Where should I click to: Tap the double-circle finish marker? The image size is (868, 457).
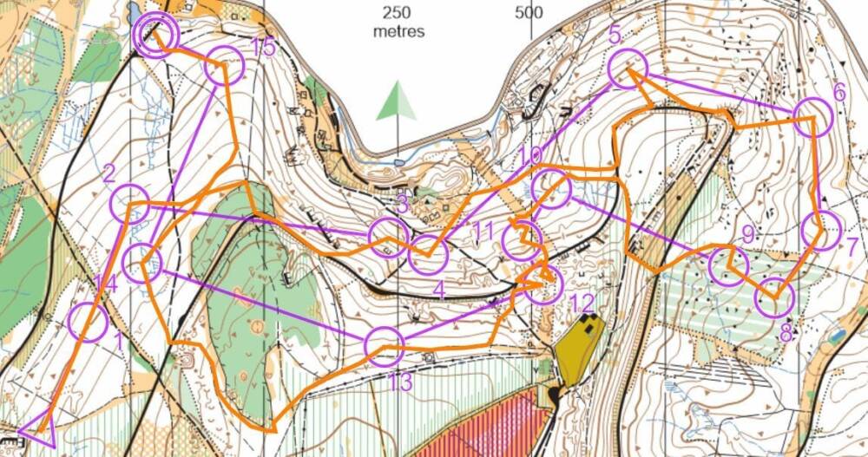click(x=157, y=35)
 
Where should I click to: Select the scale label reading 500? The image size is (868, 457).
click(x=528, y=12)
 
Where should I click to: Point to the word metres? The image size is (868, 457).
click(x=398, y=31)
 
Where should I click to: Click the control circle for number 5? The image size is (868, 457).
click(x=628, y=69)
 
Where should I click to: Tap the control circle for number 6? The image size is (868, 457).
click(x=814, y=117)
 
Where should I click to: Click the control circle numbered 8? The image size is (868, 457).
click(x=774, y=299)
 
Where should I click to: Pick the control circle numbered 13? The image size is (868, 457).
click(x=384, y=347)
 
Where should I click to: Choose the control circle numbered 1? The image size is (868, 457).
click(x=88, y=323)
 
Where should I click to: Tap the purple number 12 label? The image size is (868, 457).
click(x=583, y=303)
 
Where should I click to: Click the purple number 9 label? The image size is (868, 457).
click(x=748, y=233)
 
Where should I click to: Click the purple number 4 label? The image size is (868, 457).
click(x=439, y=291)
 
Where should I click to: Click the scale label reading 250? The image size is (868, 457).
click(x=398, y=12)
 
